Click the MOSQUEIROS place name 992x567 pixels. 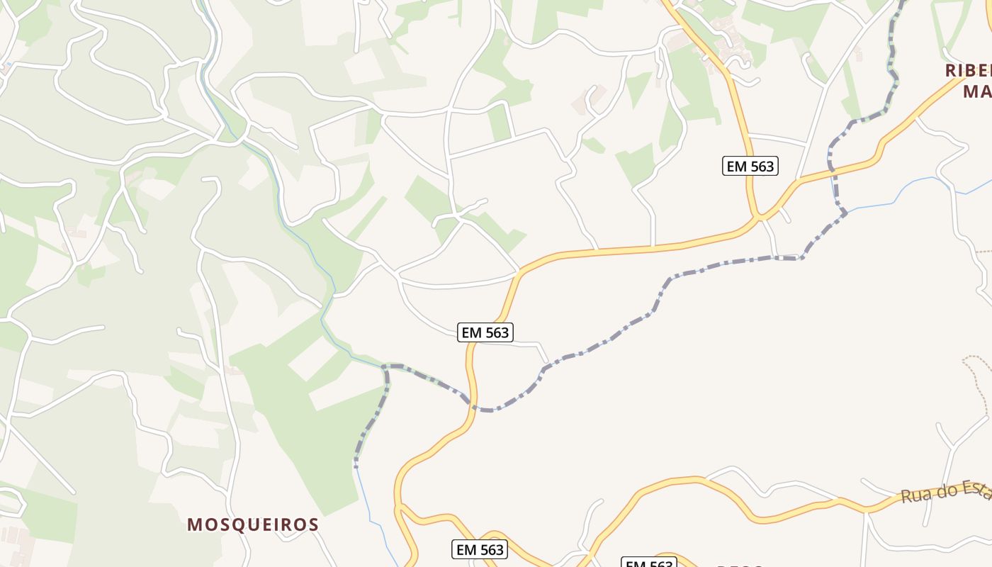coord(253,524)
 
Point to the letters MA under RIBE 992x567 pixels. coord(976,91)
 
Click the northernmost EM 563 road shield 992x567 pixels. coord(751,166)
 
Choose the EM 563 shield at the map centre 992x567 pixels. coord(485,332)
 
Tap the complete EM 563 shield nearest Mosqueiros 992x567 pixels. coord(480,549)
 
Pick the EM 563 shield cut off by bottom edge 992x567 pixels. coord(649,563)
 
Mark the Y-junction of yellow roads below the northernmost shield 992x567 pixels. coord(760,215)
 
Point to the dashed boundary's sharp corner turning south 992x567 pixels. coord(387,367)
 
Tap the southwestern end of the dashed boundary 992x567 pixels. coord(356,466)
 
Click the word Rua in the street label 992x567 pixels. coord(914,495)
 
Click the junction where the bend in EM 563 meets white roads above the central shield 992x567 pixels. coord(520,270)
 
